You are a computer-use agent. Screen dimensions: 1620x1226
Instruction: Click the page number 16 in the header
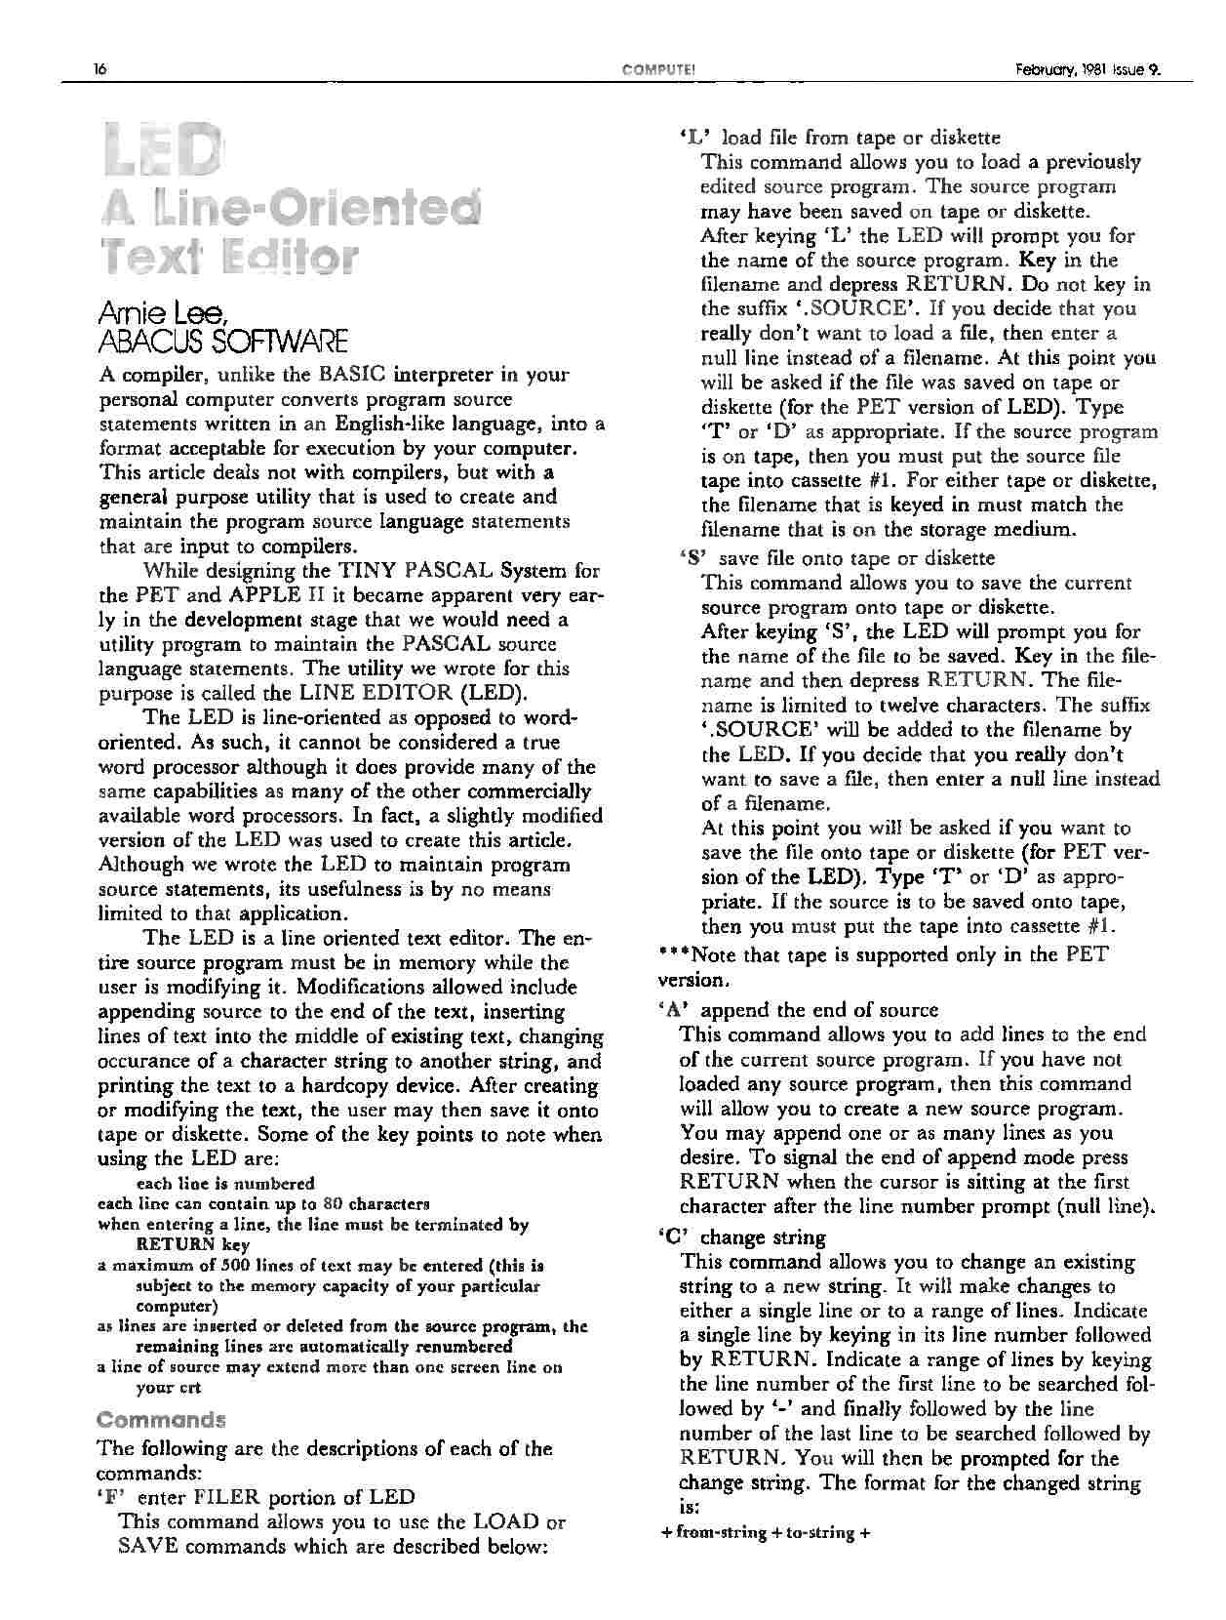point(99,69)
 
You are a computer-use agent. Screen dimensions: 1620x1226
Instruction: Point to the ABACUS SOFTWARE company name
point(223,341)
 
